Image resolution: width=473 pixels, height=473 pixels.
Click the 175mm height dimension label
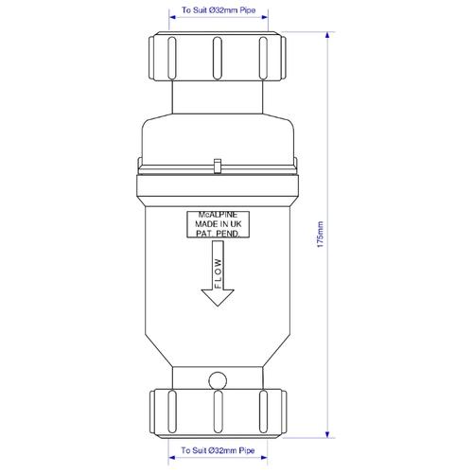tap(321, 235)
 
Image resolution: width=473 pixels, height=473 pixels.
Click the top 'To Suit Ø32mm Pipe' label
tap(219, 10)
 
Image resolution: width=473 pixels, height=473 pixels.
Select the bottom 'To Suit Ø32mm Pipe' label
tap(218, 450)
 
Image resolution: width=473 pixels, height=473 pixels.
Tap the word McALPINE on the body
tap(218, 215)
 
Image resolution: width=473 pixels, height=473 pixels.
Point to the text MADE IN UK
tap(219, 224)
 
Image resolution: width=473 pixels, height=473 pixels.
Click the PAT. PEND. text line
tap(218, 234)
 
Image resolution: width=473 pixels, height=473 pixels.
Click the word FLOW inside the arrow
tap(219, 273)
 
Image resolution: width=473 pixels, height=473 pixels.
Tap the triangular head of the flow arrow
tap(218, 297)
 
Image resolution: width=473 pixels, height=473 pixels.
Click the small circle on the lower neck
tap(218, 380)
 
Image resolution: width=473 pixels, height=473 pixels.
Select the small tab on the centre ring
tap(218, 166)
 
